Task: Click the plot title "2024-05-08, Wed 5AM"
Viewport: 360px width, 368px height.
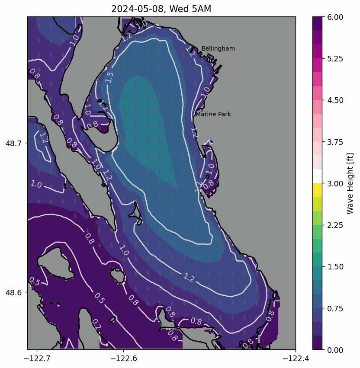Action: coord(161,9)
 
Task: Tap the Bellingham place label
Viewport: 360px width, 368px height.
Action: coord(218,49)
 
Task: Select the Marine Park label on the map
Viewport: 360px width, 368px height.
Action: coord(213,115)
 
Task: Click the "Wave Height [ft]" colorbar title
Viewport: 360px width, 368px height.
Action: coord(350,183)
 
